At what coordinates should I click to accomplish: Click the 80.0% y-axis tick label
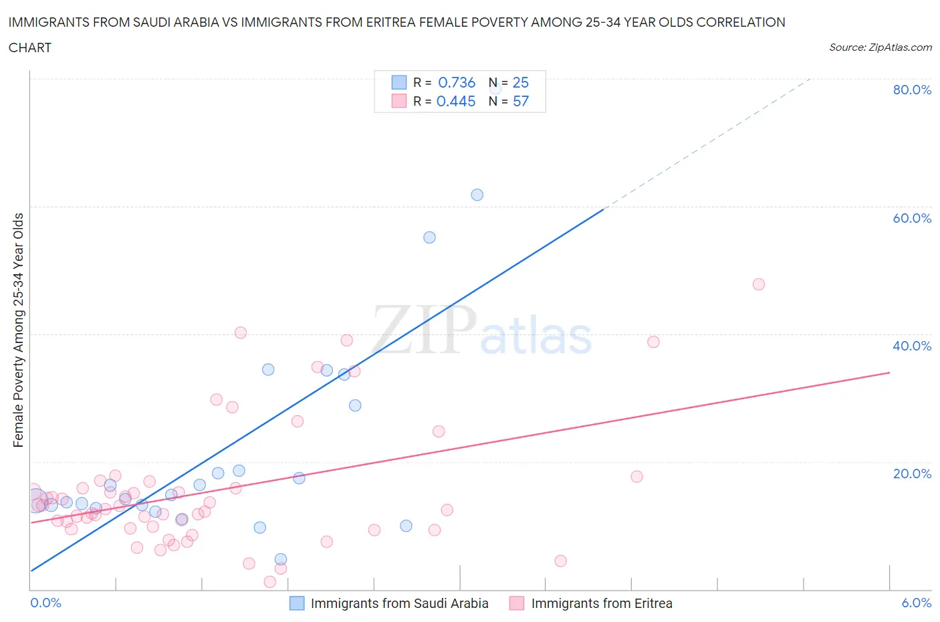[912, 90]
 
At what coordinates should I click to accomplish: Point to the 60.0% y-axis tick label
[912, 218]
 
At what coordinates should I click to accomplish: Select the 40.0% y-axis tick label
[912, 346]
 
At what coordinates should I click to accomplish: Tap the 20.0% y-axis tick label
[912, 474]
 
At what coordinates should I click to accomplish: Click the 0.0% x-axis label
[45, 603]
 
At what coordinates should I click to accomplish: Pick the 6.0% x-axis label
[916, 603]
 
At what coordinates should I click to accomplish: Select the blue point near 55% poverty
[429, 237]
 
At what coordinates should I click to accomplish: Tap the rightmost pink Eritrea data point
[758, 284]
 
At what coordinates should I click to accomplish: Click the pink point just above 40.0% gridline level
[241, 332]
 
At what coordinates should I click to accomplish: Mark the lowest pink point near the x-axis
[270, 582]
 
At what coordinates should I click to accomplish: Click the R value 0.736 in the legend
[457, 82]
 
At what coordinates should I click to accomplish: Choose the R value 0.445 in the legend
[456, 101]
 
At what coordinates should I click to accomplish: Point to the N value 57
[520, 101]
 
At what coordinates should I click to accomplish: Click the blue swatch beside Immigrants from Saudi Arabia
[297, 603]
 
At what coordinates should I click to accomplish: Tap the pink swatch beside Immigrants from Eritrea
[517, 603]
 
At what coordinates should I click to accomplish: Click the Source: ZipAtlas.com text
[880, 47]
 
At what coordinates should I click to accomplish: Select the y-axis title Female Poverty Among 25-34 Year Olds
[19, 330]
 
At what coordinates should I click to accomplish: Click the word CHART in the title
[30, 47]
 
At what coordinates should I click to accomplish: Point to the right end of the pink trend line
[889, 372]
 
